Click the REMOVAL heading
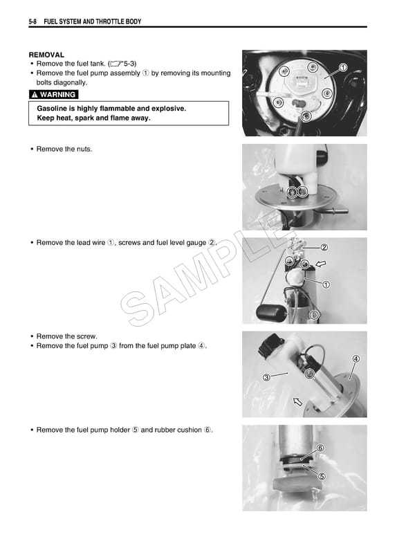point(46,54)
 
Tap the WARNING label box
point(53,95)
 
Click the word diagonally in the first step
point(71,82)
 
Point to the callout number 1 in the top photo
point(343,67)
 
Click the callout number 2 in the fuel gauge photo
point(324,247)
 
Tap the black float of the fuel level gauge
point(267,313)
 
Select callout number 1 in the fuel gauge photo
point(326,284)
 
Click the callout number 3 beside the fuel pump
point(266,377)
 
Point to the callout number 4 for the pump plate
point(356,359)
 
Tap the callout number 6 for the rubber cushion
point(320,448)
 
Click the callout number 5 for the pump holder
point(321,476)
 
